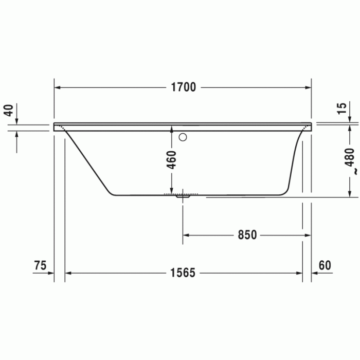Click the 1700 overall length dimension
pyautogui.click(x=184, y=87)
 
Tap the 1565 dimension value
pyautogui.click(x=184, y=273)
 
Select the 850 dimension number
pyautogui.click(x=247, y=235)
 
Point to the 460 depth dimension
pyautogui.click(x=172, y=160)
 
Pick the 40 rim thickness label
pyautogui.click(x=8, y=110)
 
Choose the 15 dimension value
pyautogui.click(x=341, y=109)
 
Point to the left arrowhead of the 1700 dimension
pyautogui.click(x=58, y=87)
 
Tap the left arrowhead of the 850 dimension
pyautogui.click(x=187, y=235)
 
